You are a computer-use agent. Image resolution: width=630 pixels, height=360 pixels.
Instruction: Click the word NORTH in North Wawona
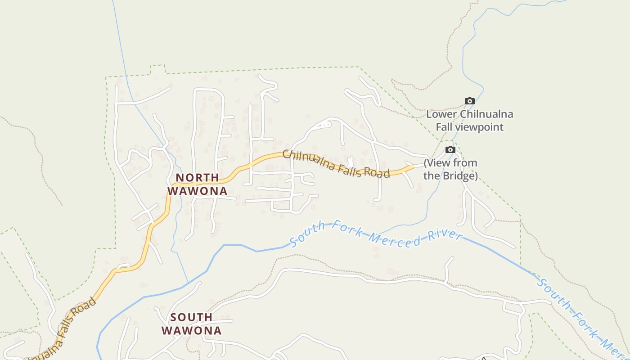(x=197, y=178)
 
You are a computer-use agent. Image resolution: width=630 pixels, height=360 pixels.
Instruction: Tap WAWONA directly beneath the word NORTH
(x=197, y=191)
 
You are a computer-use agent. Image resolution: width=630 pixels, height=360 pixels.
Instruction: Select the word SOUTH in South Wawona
(x=191, y=317)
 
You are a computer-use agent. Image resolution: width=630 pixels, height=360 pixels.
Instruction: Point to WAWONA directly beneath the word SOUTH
(x=191, y=331)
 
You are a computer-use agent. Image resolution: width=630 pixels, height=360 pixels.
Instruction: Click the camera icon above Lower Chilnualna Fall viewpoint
(x=469, y=101)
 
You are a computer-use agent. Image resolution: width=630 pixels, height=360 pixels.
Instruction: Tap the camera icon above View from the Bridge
(x=450, y=150)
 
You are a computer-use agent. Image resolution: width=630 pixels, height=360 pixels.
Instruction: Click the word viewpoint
(x=481, y=127)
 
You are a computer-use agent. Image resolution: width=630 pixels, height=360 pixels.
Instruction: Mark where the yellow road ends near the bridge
(x=413, y=166)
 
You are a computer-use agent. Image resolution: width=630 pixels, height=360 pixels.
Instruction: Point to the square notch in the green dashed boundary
(x=157, y=69)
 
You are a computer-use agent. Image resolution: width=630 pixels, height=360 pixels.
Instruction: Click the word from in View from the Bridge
(x=465, y=163)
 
